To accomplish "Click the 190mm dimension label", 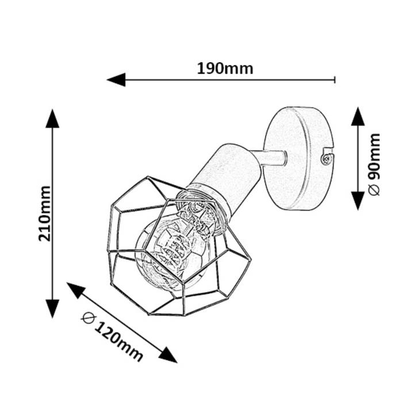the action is click(x=225, y=68).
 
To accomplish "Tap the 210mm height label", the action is click(x=44, y=213).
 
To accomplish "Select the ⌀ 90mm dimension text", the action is click(x=374, y=165).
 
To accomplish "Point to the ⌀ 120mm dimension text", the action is click(x=113, y=337).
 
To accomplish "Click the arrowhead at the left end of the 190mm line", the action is click(x=116, y=79).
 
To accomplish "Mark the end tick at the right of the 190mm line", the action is click(x=335, y=79).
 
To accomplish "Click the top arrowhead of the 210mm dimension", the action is click(x=52, y=118).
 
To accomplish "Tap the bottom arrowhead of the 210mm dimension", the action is click(x=52, y=309).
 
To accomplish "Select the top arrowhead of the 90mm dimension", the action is click(x=358, y=116).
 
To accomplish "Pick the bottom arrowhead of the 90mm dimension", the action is click(x=358, y=201).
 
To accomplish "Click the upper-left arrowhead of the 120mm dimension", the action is click(x=76, y=290).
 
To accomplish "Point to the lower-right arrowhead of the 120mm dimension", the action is click(x=168, y=355).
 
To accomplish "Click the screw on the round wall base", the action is click(x=326, y=159).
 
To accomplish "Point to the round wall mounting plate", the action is click(x=298, y=159).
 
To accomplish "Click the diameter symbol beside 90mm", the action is click(x=374, y=190).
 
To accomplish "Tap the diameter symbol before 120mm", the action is click(x=88, y=319).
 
